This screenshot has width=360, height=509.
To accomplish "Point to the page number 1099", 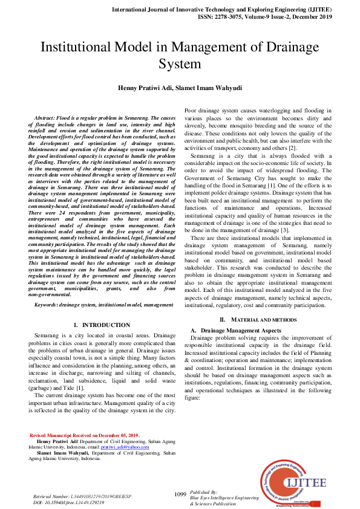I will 180,494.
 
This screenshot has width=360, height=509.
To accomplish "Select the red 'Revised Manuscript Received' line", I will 85,435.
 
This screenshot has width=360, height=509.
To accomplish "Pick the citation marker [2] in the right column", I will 292,148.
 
